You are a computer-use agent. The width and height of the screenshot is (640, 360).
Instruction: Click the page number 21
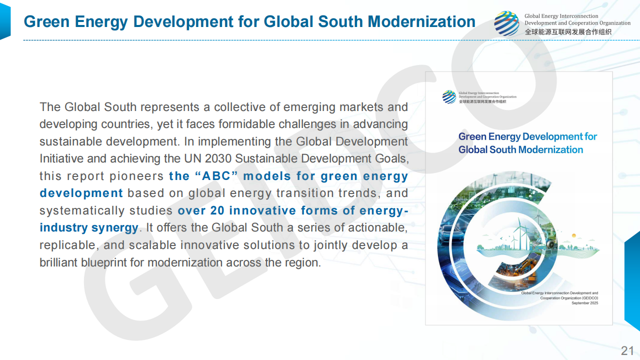click(627, 350)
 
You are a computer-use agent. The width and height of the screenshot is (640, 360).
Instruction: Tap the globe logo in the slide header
click(506, 23)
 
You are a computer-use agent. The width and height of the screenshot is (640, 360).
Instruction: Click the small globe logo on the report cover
click(449, 97)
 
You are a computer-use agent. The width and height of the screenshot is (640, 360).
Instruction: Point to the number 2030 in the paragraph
click(217, 158)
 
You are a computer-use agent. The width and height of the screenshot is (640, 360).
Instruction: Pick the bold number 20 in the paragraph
click(217, 210)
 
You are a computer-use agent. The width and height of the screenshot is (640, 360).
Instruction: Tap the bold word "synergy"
click(115, 228)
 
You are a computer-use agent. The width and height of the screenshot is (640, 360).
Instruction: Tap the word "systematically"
click(82, 210)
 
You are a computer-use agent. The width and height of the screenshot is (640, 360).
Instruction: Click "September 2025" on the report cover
click(584, 303)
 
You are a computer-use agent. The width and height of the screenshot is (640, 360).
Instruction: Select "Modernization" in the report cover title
click(550, 149)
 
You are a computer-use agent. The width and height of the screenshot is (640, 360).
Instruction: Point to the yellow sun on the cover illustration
click(573, 235)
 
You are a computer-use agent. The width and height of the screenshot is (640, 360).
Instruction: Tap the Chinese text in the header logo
click(568, 32)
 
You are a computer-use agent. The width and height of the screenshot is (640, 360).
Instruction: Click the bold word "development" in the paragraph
click(81, 193)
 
